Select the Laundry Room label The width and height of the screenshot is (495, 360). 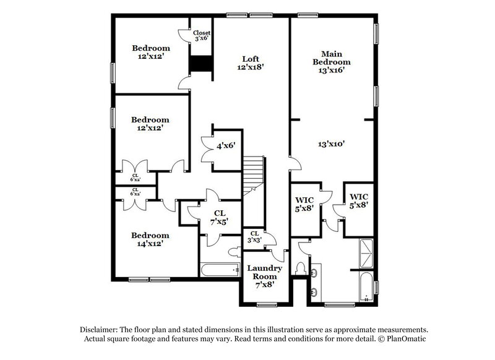tap(265, 272)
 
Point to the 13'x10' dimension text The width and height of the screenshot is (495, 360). tap(331, 144)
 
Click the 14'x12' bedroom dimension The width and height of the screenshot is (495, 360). tap(150, 244)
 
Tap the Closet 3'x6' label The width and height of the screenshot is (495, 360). tap(202, 36)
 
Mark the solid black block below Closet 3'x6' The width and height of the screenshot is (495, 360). tap(200, 64)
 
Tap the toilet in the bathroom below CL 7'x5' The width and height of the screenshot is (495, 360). tap(234, 253)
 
